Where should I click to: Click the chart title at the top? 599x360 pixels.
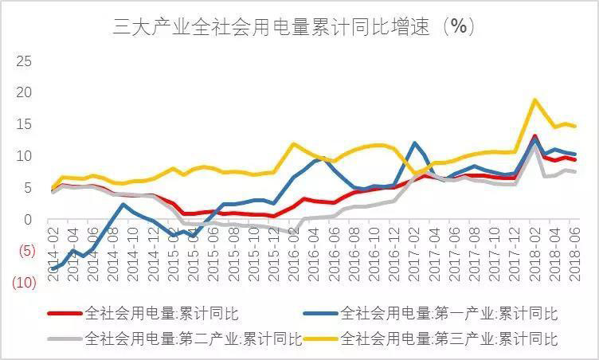pos(295,26)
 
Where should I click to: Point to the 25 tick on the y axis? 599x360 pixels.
pos(25,61)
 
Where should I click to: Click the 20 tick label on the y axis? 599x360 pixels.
pos(25,92)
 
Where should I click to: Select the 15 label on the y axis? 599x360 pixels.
pos(25,124)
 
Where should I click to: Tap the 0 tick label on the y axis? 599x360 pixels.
pos(29,220)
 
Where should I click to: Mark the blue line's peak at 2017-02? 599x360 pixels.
pos(415,143)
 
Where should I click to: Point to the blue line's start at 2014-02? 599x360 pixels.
pos(53,269)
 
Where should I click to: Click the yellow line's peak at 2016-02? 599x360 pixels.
pos(295,144)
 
